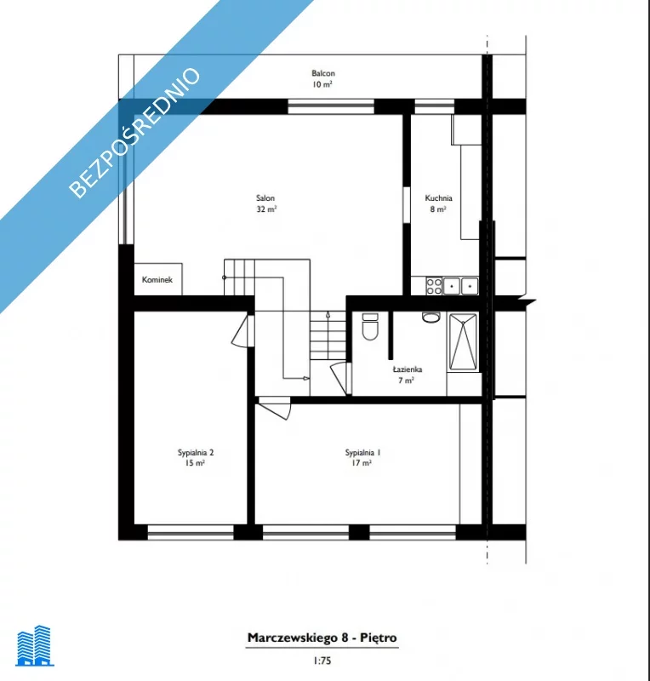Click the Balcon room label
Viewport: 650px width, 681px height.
pos(323,78)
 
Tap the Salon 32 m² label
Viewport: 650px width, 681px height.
pos(265,203)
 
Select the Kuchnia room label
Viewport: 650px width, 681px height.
pos(438,203)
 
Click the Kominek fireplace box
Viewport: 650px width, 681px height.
pos(158,279)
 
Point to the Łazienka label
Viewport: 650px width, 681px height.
pos(407,375)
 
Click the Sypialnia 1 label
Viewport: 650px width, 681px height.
pos(362,457)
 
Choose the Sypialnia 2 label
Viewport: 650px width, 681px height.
pos(196,457)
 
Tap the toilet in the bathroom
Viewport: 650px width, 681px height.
pos(370,326)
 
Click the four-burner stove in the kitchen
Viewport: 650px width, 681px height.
pos(434,286)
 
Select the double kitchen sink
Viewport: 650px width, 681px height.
pos(460,286)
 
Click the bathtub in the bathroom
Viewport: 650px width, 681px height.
pos(464,343)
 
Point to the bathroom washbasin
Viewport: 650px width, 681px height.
pos(430,318)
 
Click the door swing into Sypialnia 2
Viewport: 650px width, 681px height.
pos(242,331)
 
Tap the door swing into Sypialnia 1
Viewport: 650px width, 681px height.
pos(275,408)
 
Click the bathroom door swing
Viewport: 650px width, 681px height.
pos(341,379)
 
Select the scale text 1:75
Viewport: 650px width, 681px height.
pos(322,661)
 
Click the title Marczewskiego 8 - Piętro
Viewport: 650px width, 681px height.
pos(322,638)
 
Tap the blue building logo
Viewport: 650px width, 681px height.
pos(35,645)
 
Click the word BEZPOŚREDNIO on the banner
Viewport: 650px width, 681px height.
pos(134,133)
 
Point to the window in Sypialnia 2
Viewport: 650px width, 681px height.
pos(191,532)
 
